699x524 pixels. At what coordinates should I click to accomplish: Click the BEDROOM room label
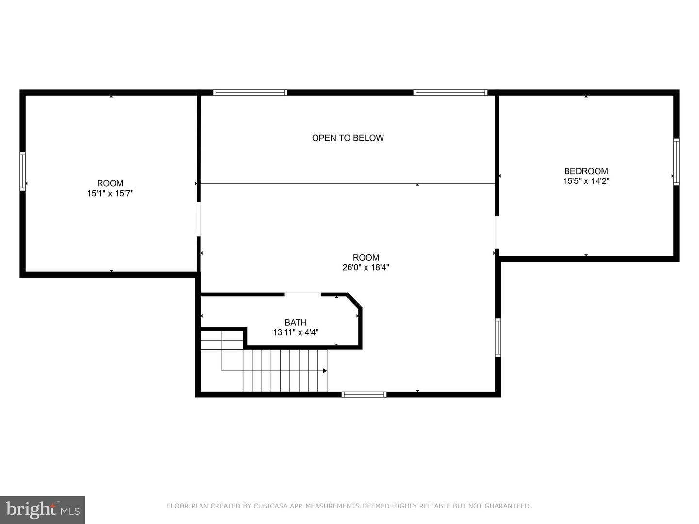pyautogui.click(x=586, y=171)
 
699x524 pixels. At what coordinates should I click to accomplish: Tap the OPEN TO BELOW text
pyautogui.click(x=348, y=138)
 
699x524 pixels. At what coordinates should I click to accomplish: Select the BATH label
pyautogui.click(x=296, y=322)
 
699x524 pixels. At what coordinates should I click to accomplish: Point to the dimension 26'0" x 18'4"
pyautogui.click(x=366, y=267)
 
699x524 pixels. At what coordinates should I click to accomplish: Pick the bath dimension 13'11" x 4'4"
pyautogui.click(x=296, y=333)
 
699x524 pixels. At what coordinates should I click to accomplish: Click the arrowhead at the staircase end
pyautogui.click(x=325, y=371)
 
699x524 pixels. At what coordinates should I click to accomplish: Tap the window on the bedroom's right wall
pyautogui.click(x=676, y=162)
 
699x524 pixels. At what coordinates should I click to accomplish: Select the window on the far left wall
pyautogui.click(x=22, y=171)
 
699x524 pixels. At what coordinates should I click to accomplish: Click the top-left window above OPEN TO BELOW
pyautogui.click(x=250, y=92)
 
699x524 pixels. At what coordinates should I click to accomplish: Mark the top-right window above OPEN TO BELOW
pyautogui.click(x=450, y=92)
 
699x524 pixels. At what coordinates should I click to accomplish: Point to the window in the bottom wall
pyautogui.click(x=364, y=394)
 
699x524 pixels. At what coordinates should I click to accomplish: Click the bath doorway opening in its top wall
pyautogui.click(x=302, y=294)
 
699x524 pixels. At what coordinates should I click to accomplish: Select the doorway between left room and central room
pyautogui.click(x=199, y=219)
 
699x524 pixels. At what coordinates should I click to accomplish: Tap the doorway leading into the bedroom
pyautogui.click(x=497, y=232)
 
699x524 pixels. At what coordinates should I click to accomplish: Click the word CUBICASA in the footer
pyautogui.click(x=272, y=506)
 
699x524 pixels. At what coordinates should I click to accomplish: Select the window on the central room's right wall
pyautogui.click(x=498, y=337)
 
